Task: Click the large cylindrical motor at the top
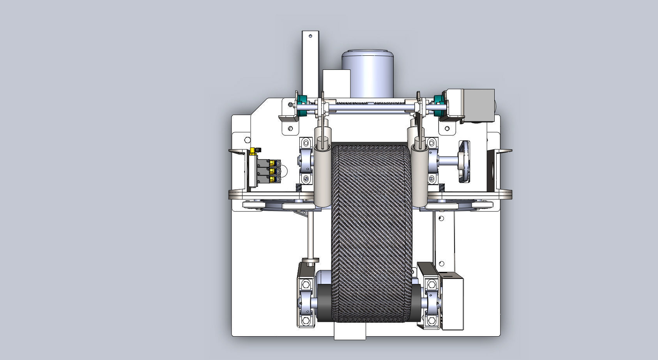pos(367,74)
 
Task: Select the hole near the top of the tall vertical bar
pos(310,36)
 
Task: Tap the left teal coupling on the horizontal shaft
pos(301,106)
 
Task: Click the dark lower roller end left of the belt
pos(324,302)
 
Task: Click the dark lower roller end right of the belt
pos(416,302)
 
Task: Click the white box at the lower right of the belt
pos(451,302)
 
